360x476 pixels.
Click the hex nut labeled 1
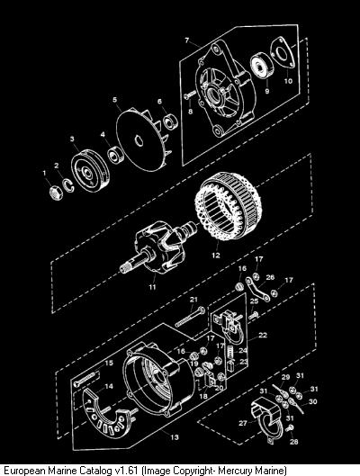point(56,193)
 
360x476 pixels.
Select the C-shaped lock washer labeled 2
point(68,185)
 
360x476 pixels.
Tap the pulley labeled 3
point(90,171)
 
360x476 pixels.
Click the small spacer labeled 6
point(170,121)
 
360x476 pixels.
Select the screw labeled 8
point(190,94)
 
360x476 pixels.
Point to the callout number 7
point(186,40)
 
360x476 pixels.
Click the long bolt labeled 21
point(190,317)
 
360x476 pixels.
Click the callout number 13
point(175,437)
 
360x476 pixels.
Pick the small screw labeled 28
point(290,428)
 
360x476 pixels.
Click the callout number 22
point(263,335)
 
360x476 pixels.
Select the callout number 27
point(243,423)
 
